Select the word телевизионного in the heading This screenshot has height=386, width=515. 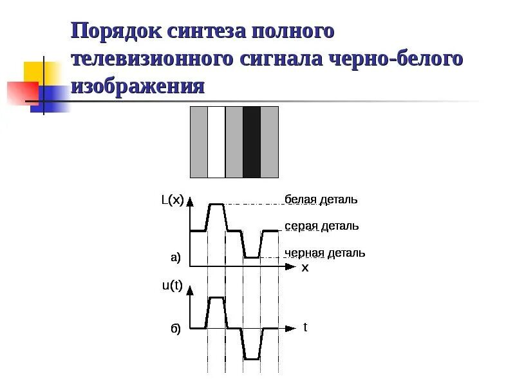click(151, 59)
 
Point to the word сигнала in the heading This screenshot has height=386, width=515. click(281, 59)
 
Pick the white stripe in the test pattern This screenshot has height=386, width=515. click(216, 142)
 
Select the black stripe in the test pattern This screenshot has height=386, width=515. click(252, 142)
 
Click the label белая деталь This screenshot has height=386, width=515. click(321, 199)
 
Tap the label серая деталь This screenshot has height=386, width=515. click(321, 226)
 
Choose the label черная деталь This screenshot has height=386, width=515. click(324, 253)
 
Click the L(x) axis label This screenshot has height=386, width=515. click(172, 201)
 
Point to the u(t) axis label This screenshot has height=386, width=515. click(172, 286)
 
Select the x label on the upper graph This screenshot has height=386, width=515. click(305, 268)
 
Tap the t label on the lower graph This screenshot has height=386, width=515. click(305, 327)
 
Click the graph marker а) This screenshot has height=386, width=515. click(175, 258)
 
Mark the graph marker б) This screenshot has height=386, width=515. click(175, 329)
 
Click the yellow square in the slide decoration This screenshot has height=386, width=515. click(33, 72)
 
